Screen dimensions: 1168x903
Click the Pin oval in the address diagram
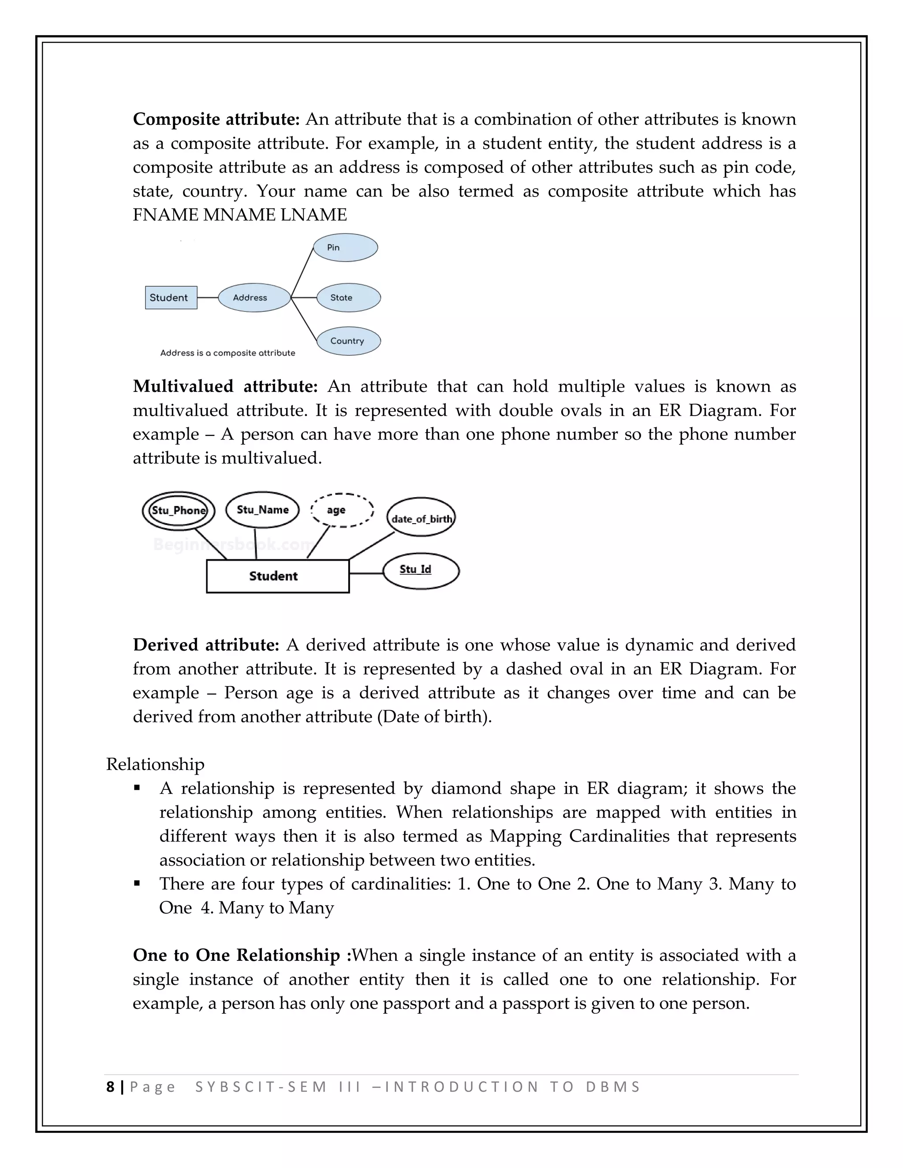coord(345,248)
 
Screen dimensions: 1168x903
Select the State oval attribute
coord(348,298)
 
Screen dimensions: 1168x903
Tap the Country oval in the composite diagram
coord(348,341)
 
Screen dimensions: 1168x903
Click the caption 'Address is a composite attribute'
coord(228,353)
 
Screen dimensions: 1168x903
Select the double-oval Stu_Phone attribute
coord(178,510)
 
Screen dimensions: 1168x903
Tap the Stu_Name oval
coord(262,510)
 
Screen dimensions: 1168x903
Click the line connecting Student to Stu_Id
coord(366,573)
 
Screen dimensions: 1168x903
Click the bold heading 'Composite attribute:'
coord(216,119)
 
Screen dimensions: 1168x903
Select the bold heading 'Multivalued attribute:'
coord(225,386)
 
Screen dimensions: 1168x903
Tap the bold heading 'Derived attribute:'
coord(206,645)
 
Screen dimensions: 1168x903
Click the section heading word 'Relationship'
coord(155,764)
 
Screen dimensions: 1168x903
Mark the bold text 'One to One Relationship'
coord(236,955)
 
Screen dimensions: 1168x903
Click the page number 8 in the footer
coord(110,1087)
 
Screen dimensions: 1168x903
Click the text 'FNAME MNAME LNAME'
coord(240,215)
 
